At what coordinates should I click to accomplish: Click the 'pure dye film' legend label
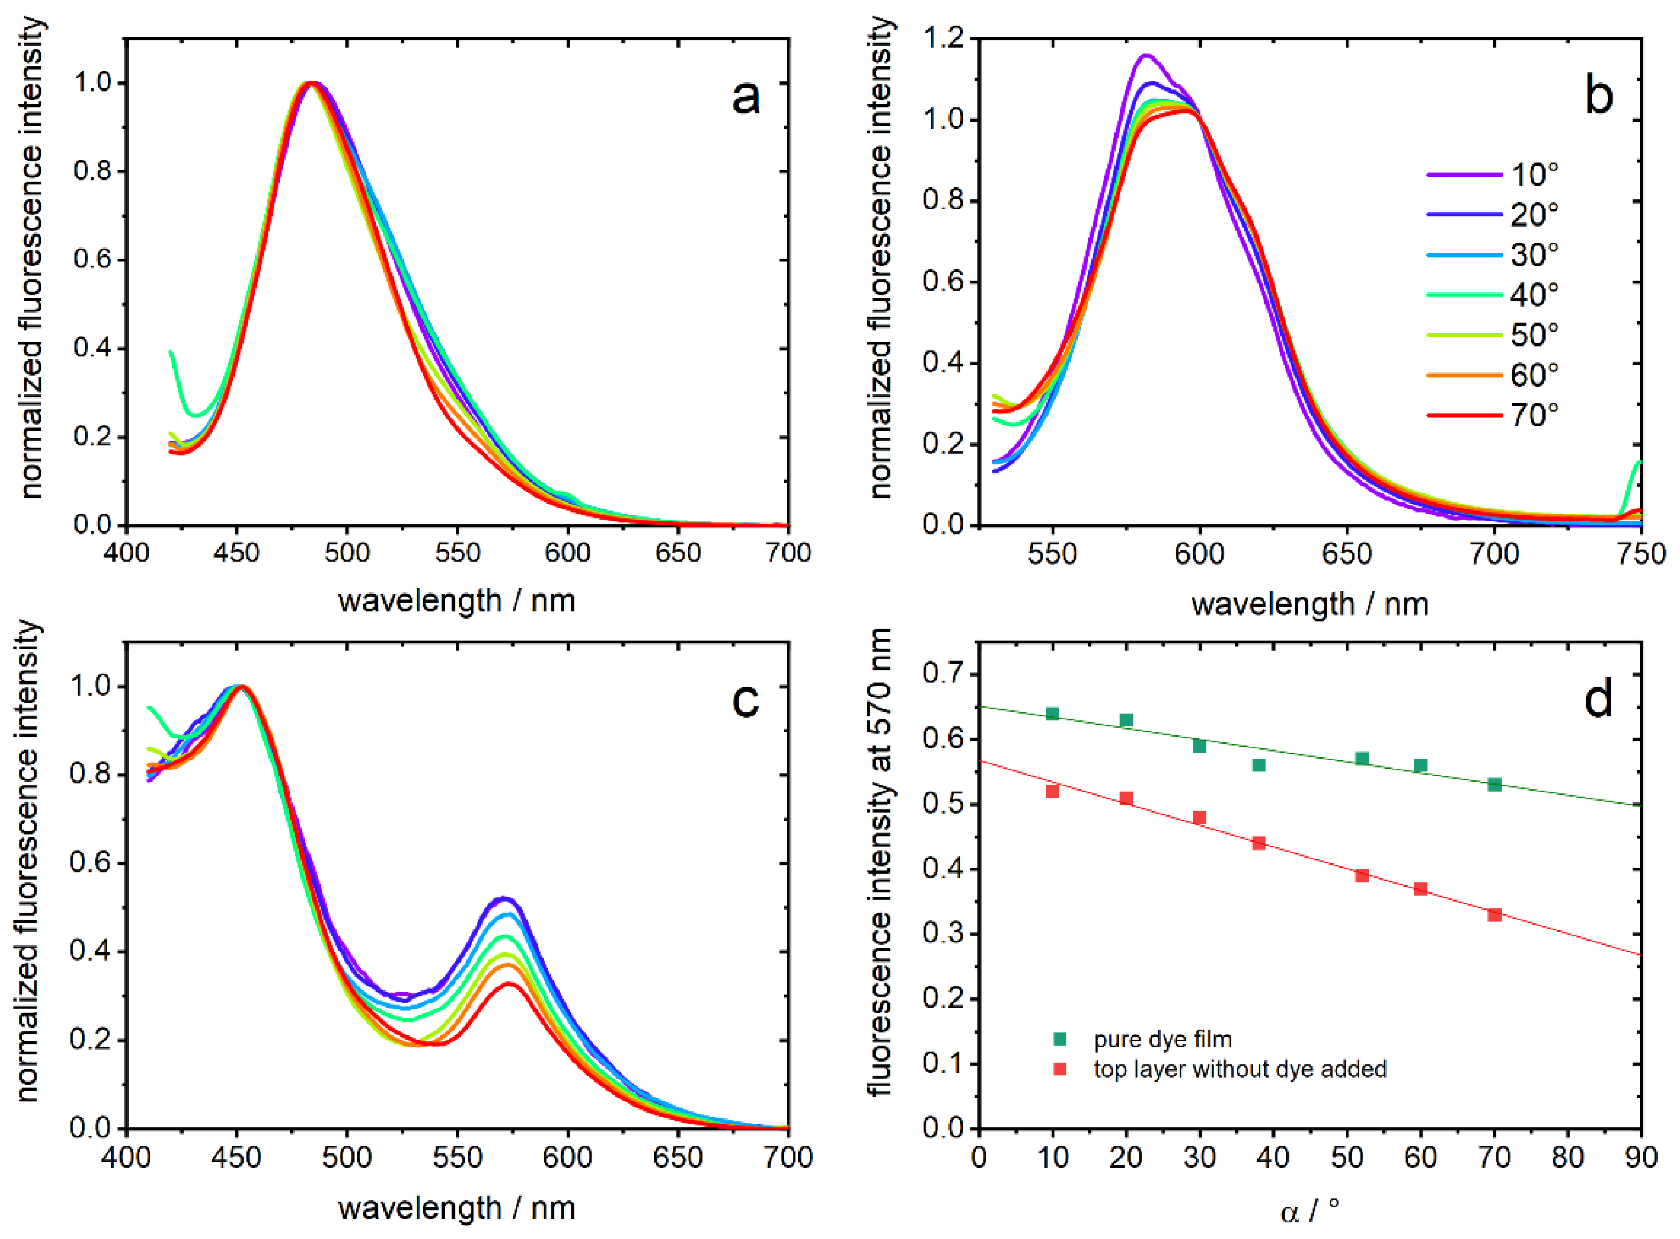(1163, 1039)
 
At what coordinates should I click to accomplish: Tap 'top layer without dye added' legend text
(1240, 1069)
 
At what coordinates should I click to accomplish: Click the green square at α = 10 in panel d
(1052, 714)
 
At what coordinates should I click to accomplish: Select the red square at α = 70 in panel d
(1494, 915)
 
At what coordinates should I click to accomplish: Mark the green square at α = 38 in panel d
(1259, 765)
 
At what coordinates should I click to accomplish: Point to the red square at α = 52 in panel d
(1362, 876)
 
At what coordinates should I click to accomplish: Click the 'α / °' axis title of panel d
(1309, 1211)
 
